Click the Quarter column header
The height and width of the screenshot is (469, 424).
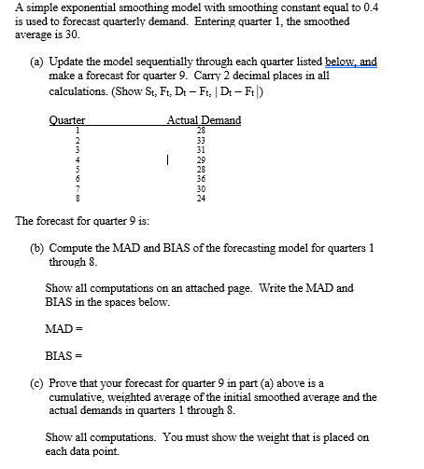coord(66,120)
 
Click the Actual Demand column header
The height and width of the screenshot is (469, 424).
coord(203,120)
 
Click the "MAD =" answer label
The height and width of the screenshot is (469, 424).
coord(60,328)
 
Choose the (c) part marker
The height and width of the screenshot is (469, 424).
coord(36,383)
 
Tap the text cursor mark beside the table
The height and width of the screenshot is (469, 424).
coord(165,160)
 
